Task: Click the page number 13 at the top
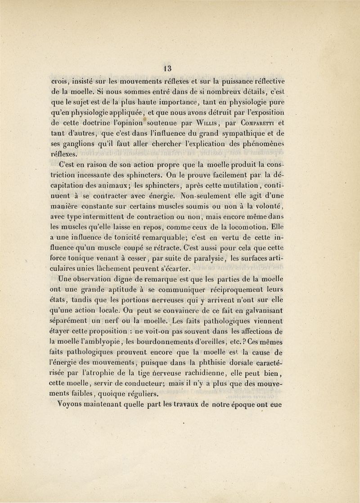pos(167,69)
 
